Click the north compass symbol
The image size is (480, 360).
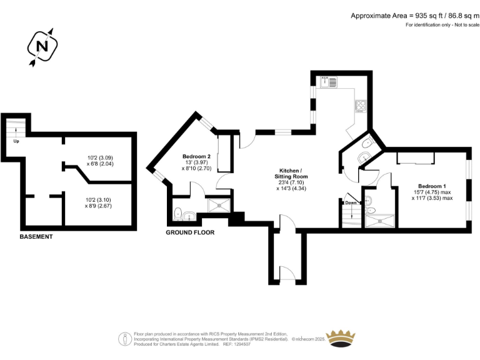42,46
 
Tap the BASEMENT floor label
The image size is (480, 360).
36,237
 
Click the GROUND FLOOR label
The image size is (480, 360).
190,232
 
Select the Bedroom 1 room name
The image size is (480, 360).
432,186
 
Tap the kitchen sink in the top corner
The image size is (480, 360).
328,81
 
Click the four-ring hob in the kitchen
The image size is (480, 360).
361,106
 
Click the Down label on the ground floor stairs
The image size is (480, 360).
350,203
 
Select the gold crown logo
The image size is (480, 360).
342,337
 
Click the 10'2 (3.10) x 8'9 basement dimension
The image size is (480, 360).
99,204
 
